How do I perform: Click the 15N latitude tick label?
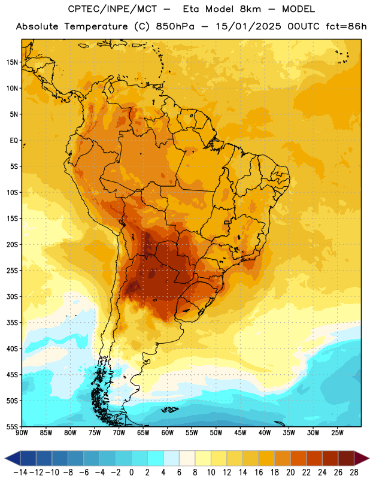pyautogui.click(x=12, y=62)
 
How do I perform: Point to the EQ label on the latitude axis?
pyautogui.click(x=14, y=141)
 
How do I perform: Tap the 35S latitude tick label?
pyautogui.click(x=12, y=323)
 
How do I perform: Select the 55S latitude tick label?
pyautogui.click(x=12, y=426)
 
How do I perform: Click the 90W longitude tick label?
pyautogui.click(x=22, y=433)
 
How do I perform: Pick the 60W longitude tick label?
pyautogui.click(x=168, y=433)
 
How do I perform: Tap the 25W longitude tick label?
pyautogui.click(x=337, y=433)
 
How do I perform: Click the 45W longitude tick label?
pyautogui.click(x=240, y=433)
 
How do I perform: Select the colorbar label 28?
pyautogui.click(x=354, y=472)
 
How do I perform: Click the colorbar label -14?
pyautogui.click(x=20, y=472)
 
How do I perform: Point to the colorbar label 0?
pyautogui.click(x=131, y=472)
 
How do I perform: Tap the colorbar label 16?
pyautogui.click(x=259, y=472)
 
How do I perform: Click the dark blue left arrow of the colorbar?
pyautogui.click(x=13, y=458)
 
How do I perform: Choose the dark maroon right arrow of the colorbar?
pyautogui.click(x=362, y=458)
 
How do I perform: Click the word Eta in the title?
pyautogui.click(x=191, y=9)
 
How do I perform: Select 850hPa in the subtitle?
pyautogui.click(x=175, y=26)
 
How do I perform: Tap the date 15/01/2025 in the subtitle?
pyautogui.click(x=248, y=26)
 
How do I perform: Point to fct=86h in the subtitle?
pyautogui.click(x=346, y=26)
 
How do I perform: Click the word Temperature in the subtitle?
pyautogui.click(x=96, y=27)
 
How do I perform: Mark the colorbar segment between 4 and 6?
pyautogui.click(x=171, y=458)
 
